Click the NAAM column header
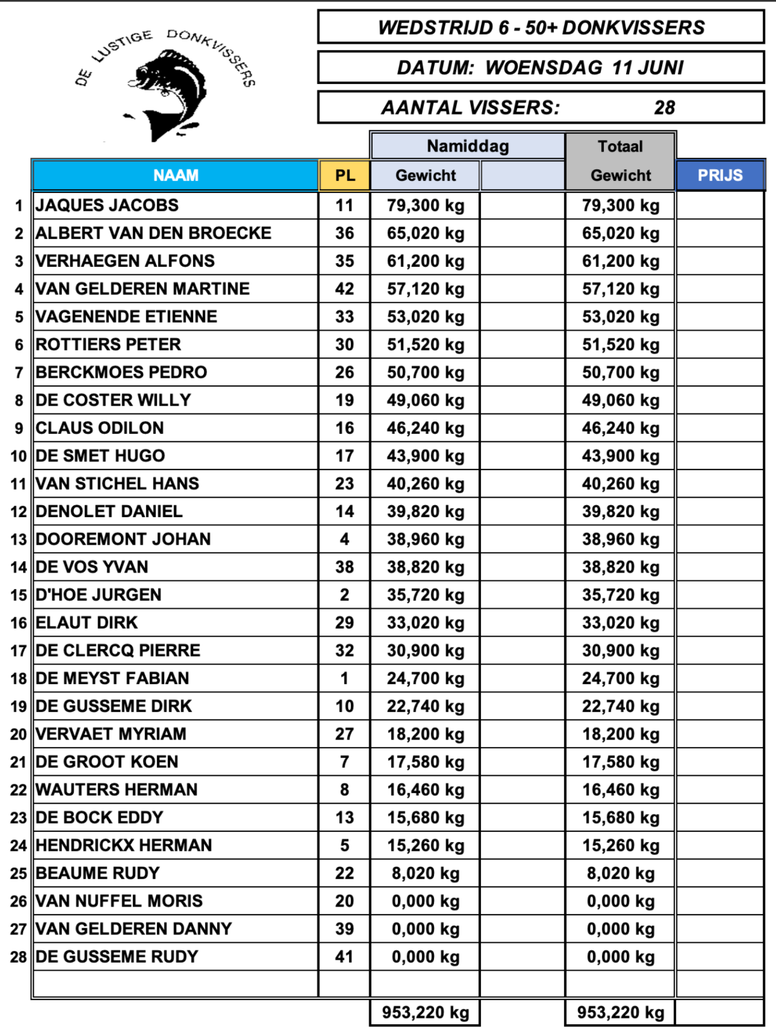click(175, 175)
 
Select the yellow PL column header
click(345, 175)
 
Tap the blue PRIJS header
click(720, 175)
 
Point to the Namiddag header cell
click(468, 146)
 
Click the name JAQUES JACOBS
click(107, 205)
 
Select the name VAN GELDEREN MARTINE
click(142, 289)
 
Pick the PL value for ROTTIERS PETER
click(345, 344)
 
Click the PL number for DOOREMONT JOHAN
click(345, 539)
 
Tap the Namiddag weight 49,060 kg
click(425, 400)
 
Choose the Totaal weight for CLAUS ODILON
click(620, 428)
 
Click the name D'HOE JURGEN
click(99, 595)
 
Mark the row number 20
click(18, 734)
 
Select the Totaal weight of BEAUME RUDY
click(620, 873)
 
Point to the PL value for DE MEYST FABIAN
click(345, 678)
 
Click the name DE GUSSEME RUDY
click(117, 957)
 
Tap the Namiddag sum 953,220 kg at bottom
click(425, 1012)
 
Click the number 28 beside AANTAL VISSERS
click(664, 108)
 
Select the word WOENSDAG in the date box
click(544, 68)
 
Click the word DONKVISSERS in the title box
click(633, 27)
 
